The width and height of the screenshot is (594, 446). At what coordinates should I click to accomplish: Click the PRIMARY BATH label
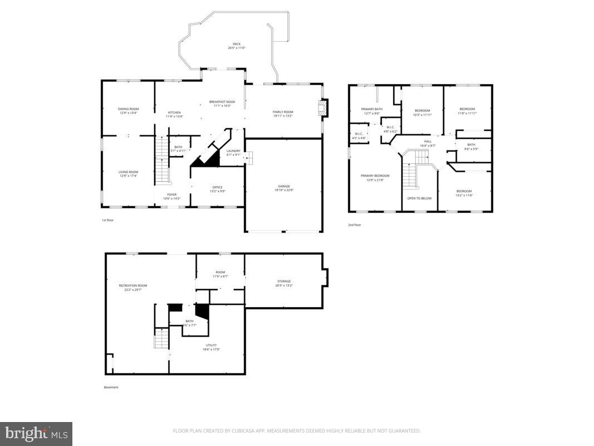371,111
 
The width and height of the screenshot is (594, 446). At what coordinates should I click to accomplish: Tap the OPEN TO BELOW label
419,198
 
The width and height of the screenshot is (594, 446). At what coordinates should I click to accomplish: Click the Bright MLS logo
36,433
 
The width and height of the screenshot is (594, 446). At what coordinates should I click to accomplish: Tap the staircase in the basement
161,338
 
